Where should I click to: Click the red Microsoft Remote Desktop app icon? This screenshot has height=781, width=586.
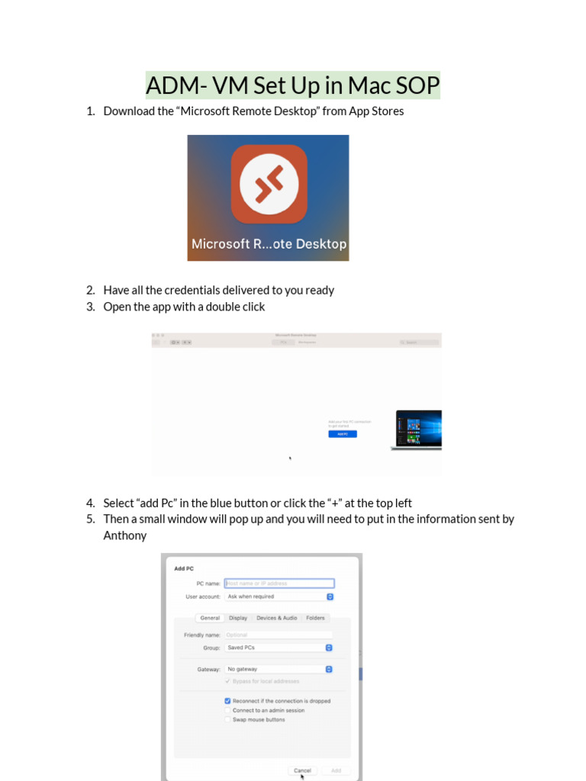coord(269,184)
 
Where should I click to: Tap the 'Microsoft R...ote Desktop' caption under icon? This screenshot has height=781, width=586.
coord(269,244)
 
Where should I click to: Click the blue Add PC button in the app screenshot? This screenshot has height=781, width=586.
coord(343,434)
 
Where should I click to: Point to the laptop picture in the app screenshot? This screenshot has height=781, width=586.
coord(418,429)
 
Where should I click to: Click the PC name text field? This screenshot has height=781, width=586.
coord(279,583)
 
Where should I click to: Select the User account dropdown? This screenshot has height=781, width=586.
coord(279,596)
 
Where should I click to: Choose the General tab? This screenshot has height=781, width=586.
coord(210,618)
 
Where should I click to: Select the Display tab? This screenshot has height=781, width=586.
coord(238,618)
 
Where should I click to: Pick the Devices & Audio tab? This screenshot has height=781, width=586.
coord(276,618)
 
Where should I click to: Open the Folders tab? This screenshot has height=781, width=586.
coord(315,618)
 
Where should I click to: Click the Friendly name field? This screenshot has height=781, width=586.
coord(279,635)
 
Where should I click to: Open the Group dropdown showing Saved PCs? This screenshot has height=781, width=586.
coord(279,648)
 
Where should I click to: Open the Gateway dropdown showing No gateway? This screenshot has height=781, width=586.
coord(279,669)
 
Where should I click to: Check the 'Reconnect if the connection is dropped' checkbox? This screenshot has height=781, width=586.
coord(227,701)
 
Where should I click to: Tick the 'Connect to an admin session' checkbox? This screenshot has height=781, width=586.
coord(227,710)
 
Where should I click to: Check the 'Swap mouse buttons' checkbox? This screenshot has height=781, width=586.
coord(227,719)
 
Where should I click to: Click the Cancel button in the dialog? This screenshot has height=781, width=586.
coord(302,770)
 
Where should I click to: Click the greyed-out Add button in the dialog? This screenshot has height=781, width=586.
coord(336,770)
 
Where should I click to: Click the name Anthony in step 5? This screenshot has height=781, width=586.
coord(125,535)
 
